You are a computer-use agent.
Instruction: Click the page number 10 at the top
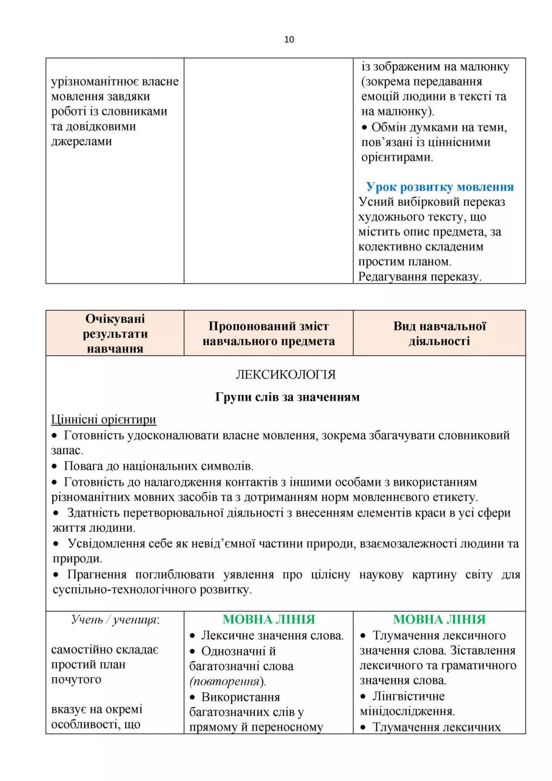[x=289, y=39]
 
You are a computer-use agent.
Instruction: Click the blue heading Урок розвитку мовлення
[x=440, y=187]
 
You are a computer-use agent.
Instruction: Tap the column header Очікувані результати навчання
[x=115, y=333]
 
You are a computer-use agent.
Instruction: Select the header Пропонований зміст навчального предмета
[x=268, y=333]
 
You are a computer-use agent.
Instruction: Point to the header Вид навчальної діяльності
[x=440, y=333]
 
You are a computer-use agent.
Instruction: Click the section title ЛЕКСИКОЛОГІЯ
[x=285, y=375]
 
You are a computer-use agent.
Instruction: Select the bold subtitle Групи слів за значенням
[x=287, y=397]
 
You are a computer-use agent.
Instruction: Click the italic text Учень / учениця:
[x=115, y=620]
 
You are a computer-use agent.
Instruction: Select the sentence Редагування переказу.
[x=419, y=276]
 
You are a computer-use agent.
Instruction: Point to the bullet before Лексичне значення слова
[x=192, y=636]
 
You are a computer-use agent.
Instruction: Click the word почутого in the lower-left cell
[x=76, y=680]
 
